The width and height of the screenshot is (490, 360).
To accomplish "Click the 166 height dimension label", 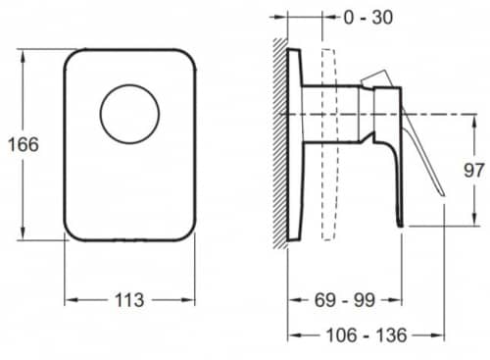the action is tap(24, 144).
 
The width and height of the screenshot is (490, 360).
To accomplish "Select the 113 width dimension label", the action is tap(129, 300).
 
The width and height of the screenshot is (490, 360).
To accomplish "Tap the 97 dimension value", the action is tap(473, 171).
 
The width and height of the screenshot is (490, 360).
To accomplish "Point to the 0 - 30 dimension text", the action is tap(368, 17).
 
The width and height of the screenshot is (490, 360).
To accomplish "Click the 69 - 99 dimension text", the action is tap(345, 300).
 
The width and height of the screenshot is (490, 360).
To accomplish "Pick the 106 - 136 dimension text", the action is tap(367, 335).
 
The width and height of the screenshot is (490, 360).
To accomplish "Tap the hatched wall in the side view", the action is tap(280, 143).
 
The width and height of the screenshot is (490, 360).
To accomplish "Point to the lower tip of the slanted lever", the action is tap(443, 195).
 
